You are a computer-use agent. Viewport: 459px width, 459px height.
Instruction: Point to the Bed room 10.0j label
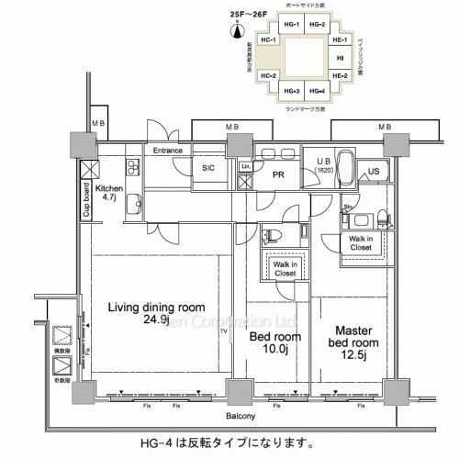tap(271, 342)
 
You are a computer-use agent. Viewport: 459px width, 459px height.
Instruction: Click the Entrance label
tap(168, 150)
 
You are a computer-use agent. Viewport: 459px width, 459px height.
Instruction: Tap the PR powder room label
tap(274, 173)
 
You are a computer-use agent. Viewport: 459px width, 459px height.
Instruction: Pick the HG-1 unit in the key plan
tap(292, 25)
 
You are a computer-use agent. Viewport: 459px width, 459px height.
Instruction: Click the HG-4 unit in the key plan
tap(317, 91)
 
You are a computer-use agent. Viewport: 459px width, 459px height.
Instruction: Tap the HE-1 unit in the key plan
tap(339, 41)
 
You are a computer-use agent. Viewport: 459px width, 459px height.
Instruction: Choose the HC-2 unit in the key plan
tap(269, 75)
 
